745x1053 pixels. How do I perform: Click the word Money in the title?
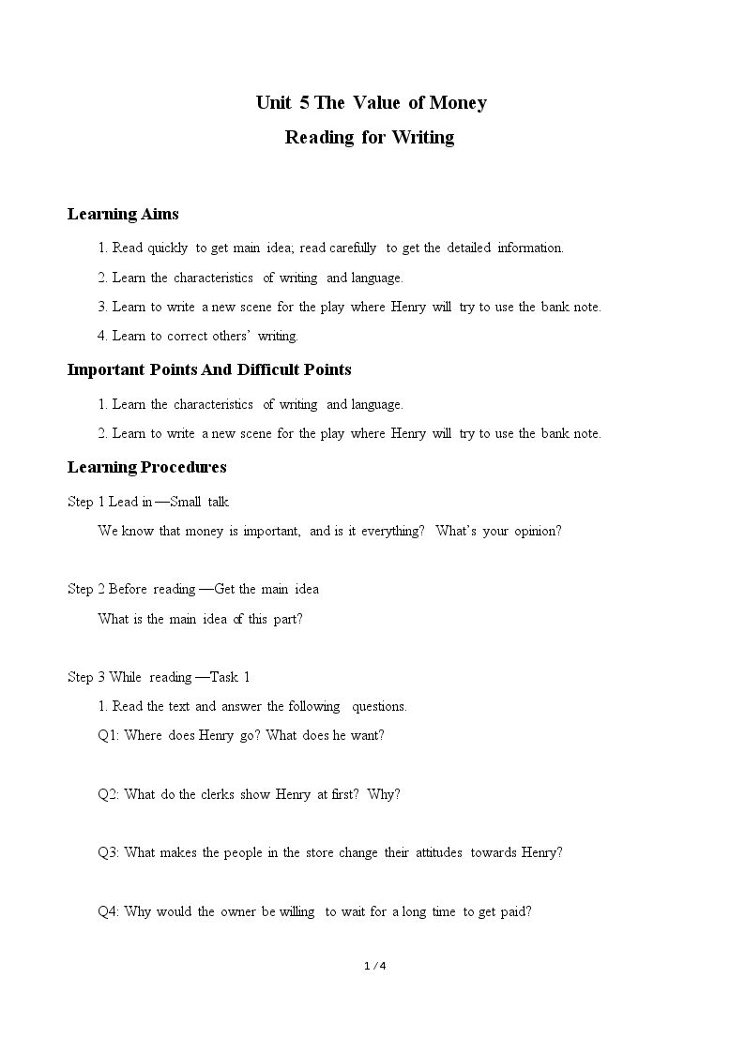457,103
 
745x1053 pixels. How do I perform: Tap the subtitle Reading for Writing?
370,138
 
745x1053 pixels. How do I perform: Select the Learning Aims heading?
123,215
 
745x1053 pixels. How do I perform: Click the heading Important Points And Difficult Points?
209,369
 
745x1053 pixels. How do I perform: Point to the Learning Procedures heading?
146,467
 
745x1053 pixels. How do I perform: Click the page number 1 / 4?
374,966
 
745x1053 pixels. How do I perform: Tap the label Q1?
109,736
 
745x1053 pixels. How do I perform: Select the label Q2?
109,794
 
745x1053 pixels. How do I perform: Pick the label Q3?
109,853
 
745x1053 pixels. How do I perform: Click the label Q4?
109,911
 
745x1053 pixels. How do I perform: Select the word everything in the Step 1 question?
392,532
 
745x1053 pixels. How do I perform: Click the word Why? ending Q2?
384,794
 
